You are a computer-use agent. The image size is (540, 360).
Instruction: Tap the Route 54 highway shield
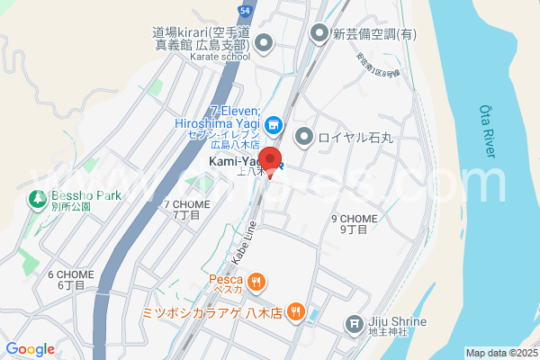[245, 10]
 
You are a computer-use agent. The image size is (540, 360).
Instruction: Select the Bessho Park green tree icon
[38, 198]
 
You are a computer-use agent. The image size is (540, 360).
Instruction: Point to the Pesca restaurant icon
[257, 283]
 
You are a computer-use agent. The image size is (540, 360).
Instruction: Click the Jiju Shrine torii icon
[355, 323]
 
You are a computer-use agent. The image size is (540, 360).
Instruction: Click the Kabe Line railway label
[243, 239]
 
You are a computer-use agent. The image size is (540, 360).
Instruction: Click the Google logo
[30, 349]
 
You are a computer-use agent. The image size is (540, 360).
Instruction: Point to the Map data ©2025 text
[499, 353]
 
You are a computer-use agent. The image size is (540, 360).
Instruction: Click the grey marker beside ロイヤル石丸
[304, 137]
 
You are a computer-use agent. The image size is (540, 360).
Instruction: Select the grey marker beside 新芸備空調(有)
[319, 34]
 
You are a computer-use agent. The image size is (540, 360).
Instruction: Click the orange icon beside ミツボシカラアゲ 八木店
[298, 313]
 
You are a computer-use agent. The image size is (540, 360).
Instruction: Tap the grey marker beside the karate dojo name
[264, 41]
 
